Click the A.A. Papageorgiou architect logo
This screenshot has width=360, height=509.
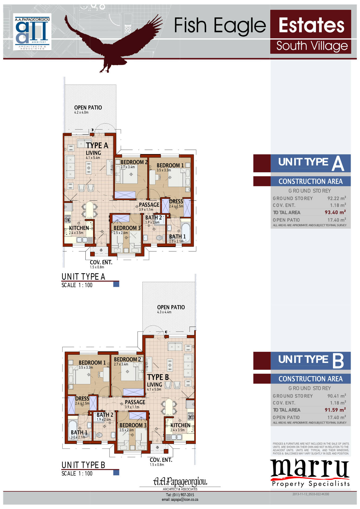[32, 32]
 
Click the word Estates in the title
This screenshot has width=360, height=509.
[311, 25]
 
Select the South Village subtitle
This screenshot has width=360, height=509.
[312, 46]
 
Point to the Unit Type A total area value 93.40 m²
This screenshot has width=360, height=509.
[335, 212]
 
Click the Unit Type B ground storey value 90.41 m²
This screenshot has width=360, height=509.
[337, 396]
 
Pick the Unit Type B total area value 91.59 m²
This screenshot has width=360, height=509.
[335, 410]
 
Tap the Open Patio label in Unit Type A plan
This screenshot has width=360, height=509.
[88, 108]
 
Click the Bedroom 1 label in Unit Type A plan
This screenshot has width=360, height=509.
[170, 165]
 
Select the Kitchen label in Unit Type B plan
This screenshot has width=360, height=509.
[180, 425]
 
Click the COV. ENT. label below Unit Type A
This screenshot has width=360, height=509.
[101, 262]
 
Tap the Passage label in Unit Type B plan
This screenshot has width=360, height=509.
[135, 402]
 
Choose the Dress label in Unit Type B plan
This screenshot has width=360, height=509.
[82, 398]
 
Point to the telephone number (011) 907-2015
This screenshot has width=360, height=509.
[183, 495]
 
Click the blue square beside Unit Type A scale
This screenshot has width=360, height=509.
[116, 284]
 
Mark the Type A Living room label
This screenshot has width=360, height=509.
[93, 153]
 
